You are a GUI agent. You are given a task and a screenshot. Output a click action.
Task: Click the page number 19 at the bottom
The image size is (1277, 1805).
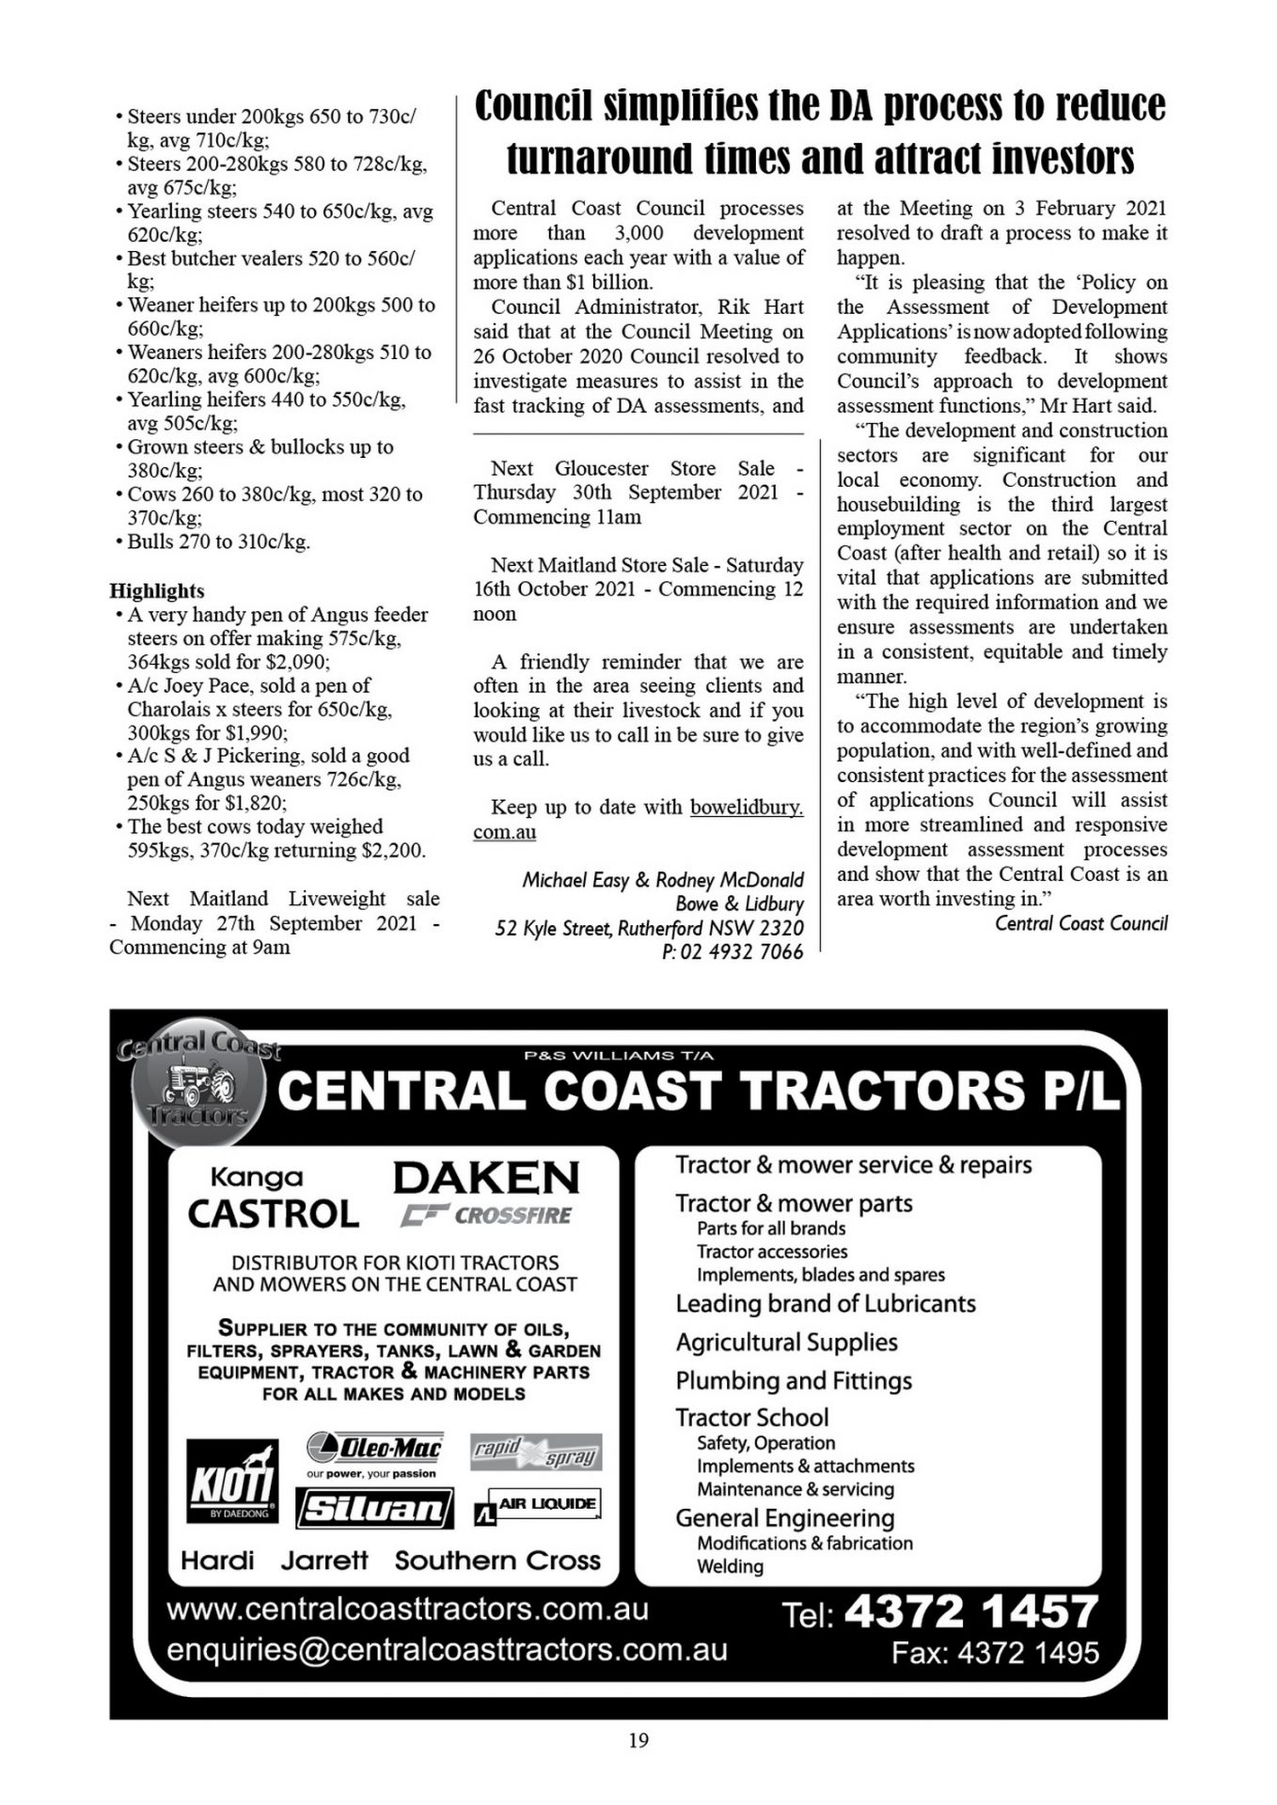(x=638, y=1740)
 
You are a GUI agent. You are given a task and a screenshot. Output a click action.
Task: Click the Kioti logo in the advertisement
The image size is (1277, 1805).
(x=231, y=1481)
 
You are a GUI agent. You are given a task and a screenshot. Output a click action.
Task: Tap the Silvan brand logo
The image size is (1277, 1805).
(x=374, y=1509)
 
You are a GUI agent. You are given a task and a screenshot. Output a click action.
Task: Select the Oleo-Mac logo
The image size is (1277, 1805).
(x=374, y=1449)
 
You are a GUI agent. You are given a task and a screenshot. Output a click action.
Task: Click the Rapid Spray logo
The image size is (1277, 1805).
(x=536, y=1452)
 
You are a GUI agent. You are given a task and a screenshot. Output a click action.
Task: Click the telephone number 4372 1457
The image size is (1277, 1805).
(x=971, y=1611)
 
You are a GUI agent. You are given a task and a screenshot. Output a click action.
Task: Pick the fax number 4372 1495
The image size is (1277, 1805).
(x=1028, y=1653)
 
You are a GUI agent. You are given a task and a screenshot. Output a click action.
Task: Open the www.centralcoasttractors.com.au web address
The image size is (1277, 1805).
(x=407, y=1609)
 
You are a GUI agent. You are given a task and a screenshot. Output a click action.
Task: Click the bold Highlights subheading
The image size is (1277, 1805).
(x=157, y=590)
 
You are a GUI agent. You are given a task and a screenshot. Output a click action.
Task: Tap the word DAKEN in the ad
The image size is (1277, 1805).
(x=486, y=1177)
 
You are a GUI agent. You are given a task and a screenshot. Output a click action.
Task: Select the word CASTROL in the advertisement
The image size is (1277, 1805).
(x=273, y=1214)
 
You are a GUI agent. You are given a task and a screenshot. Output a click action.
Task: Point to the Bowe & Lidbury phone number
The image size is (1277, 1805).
(x=733, y=951)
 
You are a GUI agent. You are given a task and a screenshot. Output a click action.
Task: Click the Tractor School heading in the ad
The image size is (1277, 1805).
(x=752, y=1417)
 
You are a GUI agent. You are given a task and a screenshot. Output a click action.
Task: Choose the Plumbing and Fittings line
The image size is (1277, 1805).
(x=794, y=1380)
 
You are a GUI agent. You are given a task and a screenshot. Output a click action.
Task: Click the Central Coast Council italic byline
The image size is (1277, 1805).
(x=1081, y=923)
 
